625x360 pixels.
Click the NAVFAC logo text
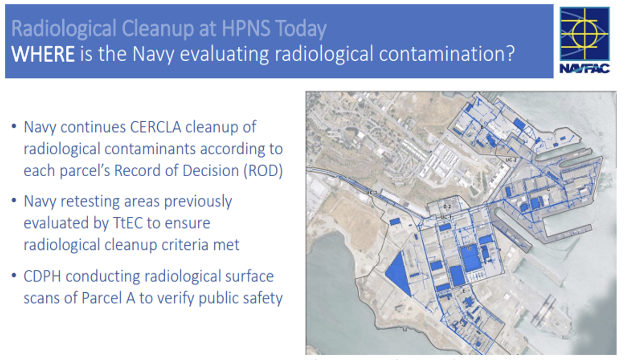(x=584, y=69)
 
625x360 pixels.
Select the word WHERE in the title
(x=43, y=54)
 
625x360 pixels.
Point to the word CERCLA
(x=155, y=127)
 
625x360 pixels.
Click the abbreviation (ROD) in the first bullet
(x=263, y=171)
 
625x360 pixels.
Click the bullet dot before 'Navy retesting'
(x=14, y=200)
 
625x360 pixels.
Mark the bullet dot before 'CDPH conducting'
(x=14, y=275)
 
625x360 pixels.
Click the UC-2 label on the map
(x=511, y=160)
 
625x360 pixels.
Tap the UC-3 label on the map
(x=372, y=193)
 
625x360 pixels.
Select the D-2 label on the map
(x=447, y=206)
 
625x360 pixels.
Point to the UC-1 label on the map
(x=446, y=217)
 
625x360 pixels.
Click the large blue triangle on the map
(x=399, y=273)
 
